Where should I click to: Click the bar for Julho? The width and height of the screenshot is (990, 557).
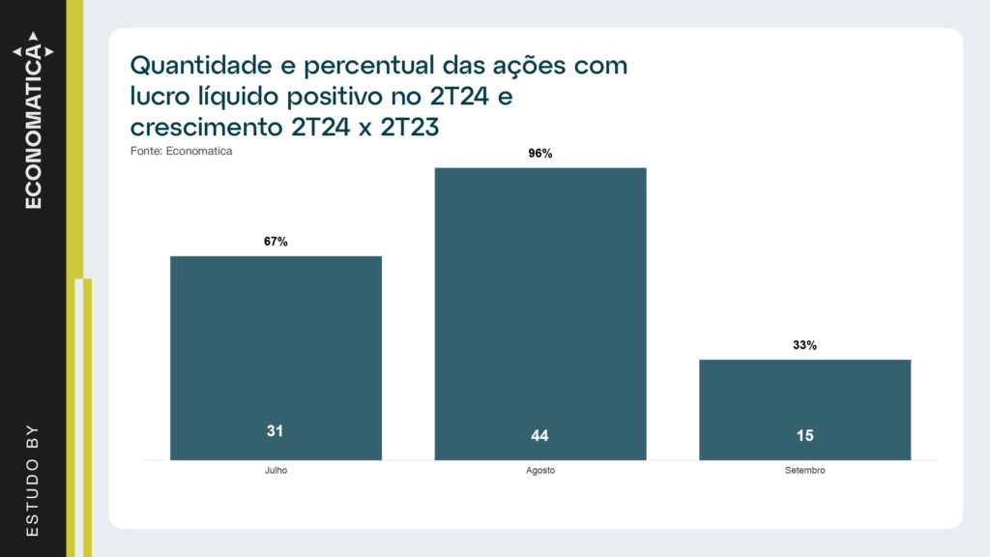(276, 358)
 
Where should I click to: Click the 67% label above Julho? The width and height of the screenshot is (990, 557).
(276, 242)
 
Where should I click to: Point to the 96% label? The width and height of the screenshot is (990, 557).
(540, 154)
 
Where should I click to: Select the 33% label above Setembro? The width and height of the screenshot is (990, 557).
(804, 345)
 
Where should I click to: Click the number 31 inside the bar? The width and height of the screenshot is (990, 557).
(276, 431)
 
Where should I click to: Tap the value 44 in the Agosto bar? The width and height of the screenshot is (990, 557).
(539, 436)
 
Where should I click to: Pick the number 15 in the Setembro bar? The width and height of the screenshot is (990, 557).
(804, 436)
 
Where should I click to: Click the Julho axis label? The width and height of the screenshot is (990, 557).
(276, 471)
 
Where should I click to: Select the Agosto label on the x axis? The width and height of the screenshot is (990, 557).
(539, 471)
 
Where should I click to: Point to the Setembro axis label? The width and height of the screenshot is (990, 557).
(804, 471)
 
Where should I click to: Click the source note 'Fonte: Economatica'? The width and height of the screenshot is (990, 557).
(181, 151)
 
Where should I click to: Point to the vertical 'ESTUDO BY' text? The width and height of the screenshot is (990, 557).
(33, 479)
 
